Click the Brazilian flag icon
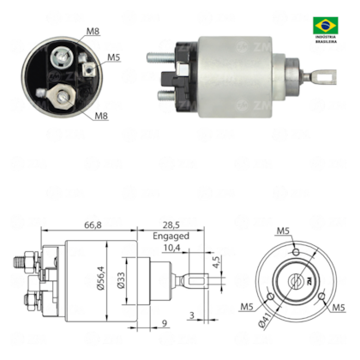pyautogui.click(x=327, y=24)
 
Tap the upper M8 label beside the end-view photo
pyautogui.click(x=93, y=33)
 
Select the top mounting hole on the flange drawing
pyautogui.click(x=293, y=252)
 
